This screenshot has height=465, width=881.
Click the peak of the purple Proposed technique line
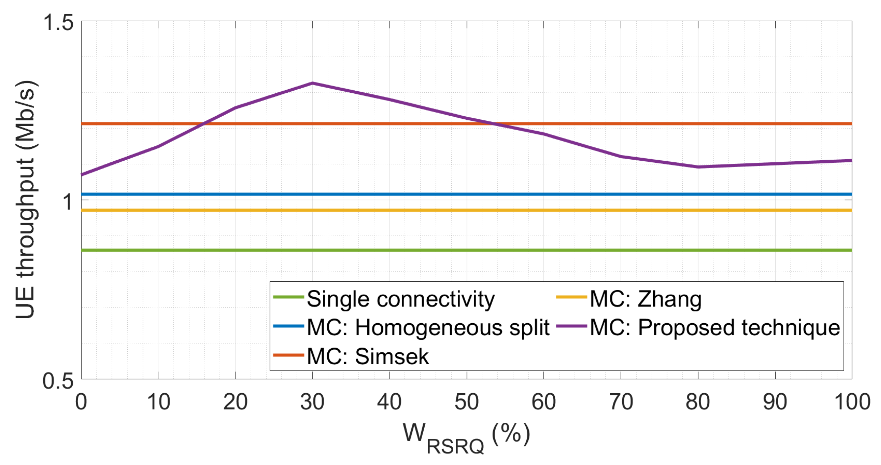coord(312,83)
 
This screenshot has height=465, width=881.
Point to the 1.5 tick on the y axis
coord(58,23)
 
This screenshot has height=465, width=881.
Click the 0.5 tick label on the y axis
coord(58,380)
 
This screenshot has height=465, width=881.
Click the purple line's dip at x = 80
coord(698,167)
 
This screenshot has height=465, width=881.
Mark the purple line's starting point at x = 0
coord(82,175)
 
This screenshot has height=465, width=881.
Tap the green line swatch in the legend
coord(288,297)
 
